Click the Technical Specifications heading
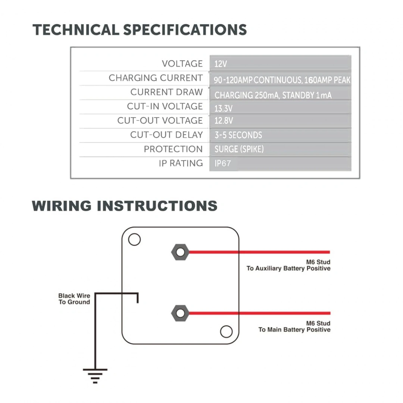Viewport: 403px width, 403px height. pos(140,29)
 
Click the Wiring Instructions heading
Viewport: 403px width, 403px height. pos(125,206)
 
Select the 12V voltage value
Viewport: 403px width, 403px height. pos(221,64)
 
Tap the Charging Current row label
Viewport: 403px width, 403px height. pos(156,78)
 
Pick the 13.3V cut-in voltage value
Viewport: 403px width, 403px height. pos(224,109)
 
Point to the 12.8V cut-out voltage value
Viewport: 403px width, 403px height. pos(224,121)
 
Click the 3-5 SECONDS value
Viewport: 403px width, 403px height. pos(238,135)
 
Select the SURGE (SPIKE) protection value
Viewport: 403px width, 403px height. pos(239,149)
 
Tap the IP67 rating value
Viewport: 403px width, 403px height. pos(223,163)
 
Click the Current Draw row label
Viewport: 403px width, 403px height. pos(166,92)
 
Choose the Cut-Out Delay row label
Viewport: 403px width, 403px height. pos(166,135)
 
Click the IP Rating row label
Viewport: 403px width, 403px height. pos(181,163)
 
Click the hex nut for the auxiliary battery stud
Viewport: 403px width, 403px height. pos(180,252)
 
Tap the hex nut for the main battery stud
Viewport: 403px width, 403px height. pos(180,313)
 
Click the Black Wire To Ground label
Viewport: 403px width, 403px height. pos(74,299)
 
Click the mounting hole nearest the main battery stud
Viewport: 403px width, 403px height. pos(226,331)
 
